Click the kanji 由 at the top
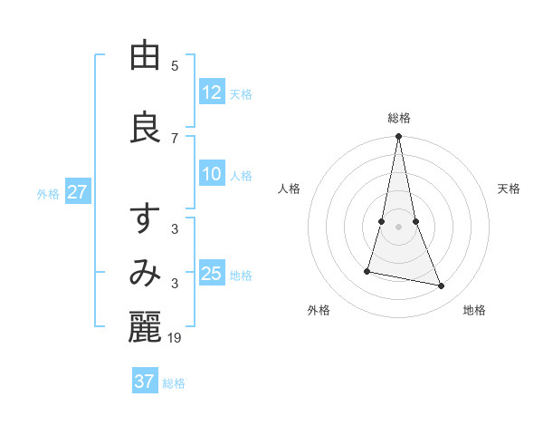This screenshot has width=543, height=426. pos(145,56)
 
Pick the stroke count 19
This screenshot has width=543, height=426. pos(176,338)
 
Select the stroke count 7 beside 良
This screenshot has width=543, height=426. pos(175,138)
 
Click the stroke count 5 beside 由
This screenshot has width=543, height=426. pos(175,65)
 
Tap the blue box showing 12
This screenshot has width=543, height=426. pos(212,92)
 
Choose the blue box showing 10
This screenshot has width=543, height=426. pos(212,174)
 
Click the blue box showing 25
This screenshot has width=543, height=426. pos(212,274)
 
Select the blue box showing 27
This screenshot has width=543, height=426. pos(77,192)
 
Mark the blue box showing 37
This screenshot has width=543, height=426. pos(145,382)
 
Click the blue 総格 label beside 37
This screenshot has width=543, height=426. pos(174,383)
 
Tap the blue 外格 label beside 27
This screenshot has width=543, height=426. pos(48,194)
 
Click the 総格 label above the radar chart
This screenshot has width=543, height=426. pos(398,118)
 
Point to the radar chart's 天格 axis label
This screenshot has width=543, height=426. pos(510,189)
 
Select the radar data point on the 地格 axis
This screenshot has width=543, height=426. pos(442,286)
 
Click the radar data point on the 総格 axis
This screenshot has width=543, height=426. pos(398,137)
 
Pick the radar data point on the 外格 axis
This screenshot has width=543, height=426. pos(367,270)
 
